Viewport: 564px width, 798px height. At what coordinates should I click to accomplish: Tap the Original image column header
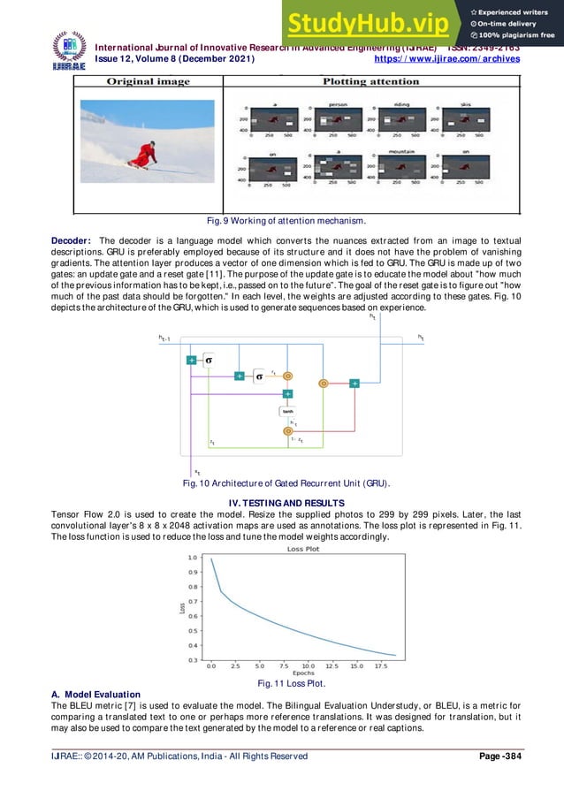pyautogui.click(x=149, y=81)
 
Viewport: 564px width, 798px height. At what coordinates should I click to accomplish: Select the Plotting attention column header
pyautogui.click(x=370, y=81)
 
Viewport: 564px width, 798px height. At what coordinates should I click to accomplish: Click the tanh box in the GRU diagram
pyautogui.click(x=287, y=411)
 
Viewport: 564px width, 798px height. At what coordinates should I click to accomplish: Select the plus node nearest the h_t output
pyautogui.click(x=354, y=383)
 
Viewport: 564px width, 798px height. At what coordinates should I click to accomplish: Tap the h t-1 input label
pyautogui.click(x=164, y=338)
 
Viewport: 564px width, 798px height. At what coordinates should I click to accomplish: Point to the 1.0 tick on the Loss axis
pyautogui.click(x=192, y=558)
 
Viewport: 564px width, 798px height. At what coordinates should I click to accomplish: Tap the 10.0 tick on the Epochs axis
pyautogui.click(x=308, y=665)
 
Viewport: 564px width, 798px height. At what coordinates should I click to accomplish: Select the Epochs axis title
pyautogui.click(x=304, y=674)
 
